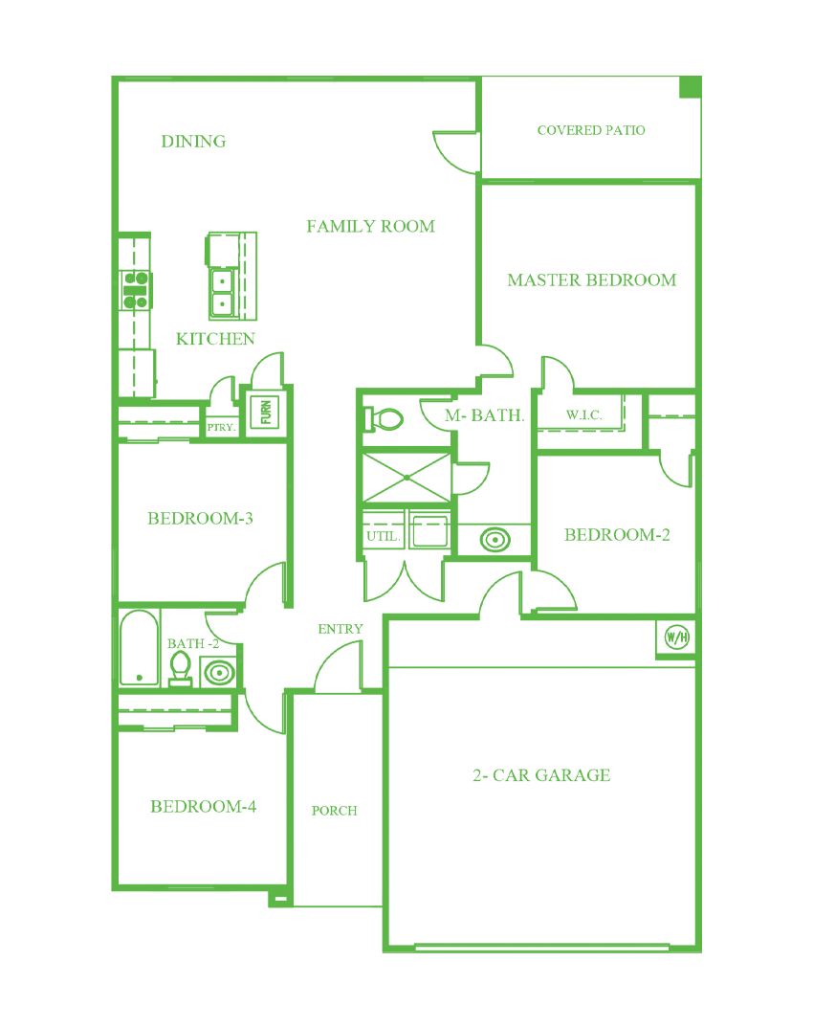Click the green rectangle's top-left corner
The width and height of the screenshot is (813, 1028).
point(112,77)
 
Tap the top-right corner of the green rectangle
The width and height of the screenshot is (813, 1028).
point(700,77)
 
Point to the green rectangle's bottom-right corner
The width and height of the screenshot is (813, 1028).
point(700,951)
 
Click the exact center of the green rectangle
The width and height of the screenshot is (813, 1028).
point(406,514)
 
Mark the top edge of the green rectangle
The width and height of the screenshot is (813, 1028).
point(406,77)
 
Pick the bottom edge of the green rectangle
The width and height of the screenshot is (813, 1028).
point(406,951)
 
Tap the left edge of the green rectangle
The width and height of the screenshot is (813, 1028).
point(112,514)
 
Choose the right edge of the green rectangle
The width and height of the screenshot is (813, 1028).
point(700,514)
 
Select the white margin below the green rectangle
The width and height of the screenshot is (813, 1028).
point(406,991)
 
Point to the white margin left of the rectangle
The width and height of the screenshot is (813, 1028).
point(55,514)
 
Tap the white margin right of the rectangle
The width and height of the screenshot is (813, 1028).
point(757,514)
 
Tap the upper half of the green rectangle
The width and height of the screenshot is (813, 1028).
point(406,287)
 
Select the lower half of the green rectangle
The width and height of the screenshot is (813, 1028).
point(406,747)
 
